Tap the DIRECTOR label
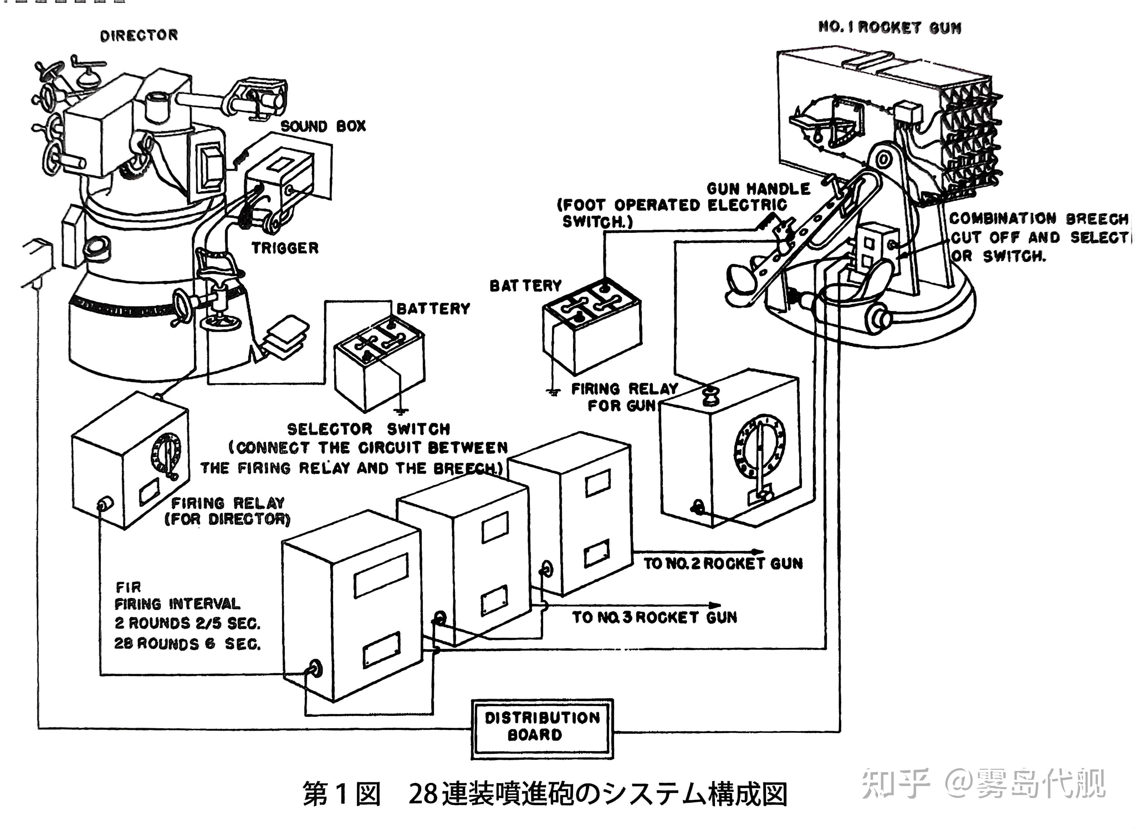139,36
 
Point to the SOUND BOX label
323,126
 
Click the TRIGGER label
285,248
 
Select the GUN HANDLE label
758,189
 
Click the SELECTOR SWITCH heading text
369,429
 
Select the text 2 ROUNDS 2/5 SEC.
187,623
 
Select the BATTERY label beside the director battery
433,309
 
